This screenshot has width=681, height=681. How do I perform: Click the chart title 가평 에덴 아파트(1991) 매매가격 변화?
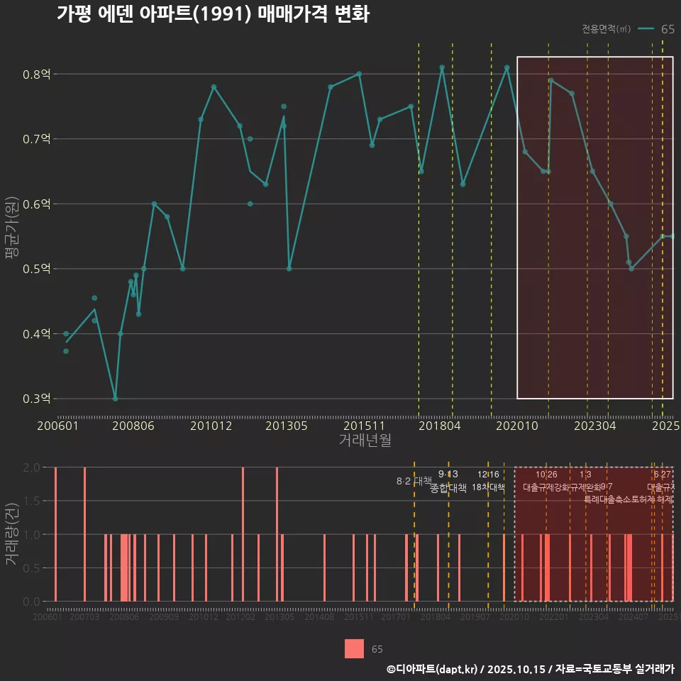click(213, 14)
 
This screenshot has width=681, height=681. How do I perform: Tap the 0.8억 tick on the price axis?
click(41, 74)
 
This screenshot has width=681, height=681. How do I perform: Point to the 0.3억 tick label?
click(41, 399)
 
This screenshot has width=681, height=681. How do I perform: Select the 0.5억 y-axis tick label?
click(41, 269)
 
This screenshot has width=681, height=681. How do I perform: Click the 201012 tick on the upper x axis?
click(211, 426)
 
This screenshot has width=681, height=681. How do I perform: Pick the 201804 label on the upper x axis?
click(440, 426)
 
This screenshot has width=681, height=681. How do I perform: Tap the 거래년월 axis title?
click(365, 440)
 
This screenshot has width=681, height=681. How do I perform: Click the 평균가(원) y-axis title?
click(12, 236)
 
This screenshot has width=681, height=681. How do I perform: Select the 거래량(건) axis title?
click(12, 535)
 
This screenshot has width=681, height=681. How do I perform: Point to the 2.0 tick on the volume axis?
click(31, 467)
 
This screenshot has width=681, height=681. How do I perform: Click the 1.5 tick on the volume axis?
click(31, 501)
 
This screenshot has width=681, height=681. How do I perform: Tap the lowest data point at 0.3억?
click(115, 399)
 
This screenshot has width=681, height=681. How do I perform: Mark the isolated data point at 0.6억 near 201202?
click(250, 204)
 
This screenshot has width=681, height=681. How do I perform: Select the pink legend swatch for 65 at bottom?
click(354, 648)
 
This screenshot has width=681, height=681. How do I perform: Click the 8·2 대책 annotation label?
click(414, 481)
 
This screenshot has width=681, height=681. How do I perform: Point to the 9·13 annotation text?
click(448, 474)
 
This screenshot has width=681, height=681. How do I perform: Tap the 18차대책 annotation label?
click(488, 487)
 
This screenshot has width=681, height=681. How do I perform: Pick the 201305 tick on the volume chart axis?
click(279, 617)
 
